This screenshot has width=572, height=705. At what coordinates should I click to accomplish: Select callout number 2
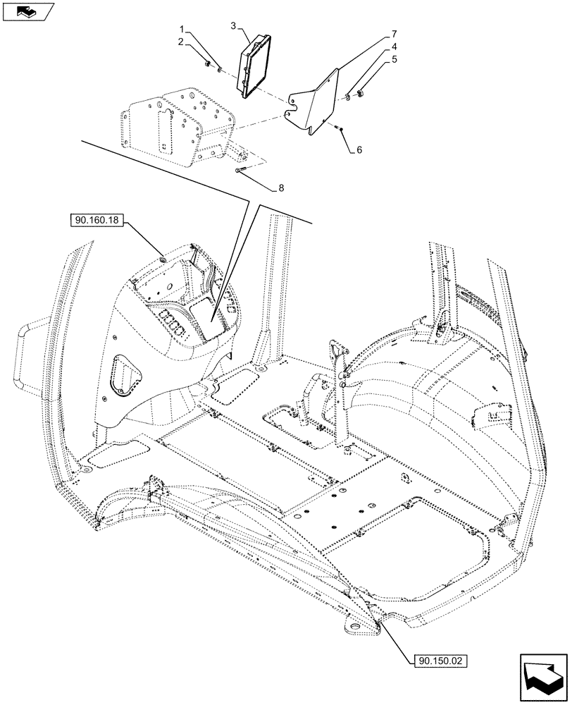(x=181, y=42)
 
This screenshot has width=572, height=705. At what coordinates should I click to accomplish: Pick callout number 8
(x=281, y=188)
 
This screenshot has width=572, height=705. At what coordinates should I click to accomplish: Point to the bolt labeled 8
(x=241, y=170)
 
